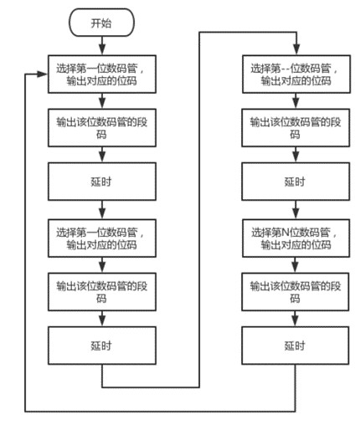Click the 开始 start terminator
[x=102, y=24]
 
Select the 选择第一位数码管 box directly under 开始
[x=102, y=74]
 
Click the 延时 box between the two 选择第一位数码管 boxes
[x=102, y=182]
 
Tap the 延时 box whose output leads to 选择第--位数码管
[x=102, y=345]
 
